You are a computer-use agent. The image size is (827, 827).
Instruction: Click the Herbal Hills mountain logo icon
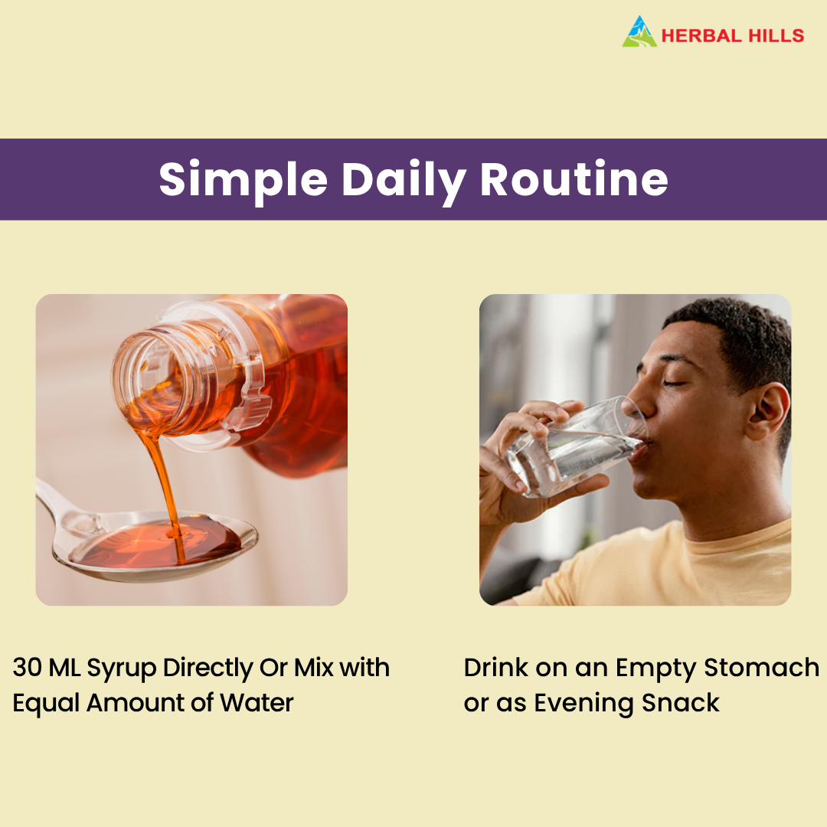tap(639, 32)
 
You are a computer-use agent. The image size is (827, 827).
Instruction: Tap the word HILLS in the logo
tap(773, 36)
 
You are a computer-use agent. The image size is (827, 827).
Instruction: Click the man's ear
tap(767, 413)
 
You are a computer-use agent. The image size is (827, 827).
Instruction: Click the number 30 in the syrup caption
tap(27, 668)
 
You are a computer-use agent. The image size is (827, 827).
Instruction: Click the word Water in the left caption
tap(257, 703)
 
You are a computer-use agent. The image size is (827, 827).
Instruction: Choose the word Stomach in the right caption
tap(761, 668)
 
